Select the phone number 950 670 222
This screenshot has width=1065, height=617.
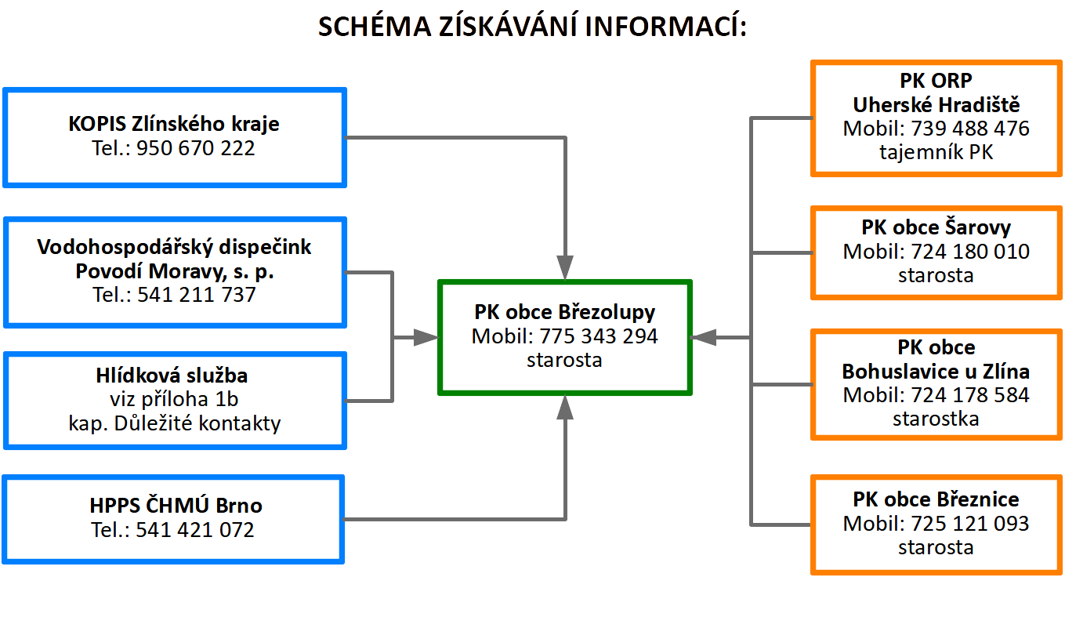click(x=195, y=147)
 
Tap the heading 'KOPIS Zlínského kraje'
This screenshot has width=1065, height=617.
click(x=174, y=124)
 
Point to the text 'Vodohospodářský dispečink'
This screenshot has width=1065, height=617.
click(x=174, y=247)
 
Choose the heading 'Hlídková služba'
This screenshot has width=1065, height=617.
click(x=174, y=376)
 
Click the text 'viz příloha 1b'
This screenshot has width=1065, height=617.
click(x=174, y=400)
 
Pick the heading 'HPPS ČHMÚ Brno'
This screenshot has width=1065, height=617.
click(x=174, y=505)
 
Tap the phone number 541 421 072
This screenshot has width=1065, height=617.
click(x=195, y=529)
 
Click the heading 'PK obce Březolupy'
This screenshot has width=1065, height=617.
click(x=564, y=312)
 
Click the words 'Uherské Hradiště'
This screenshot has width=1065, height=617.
click(x=936, y=104)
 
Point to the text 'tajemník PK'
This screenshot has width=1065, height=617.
click(x=936, y=152)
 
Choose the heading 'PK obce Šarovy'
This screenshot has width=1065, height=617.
click(x=936, y=227)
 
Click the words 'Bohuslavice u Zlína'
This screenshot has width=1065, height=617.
click(x=936, y=371)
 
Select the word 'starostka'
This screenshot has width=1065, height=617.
click(x=936, y=419)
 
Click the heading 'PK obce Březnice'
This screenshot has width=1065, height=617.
click(x=936, y=499)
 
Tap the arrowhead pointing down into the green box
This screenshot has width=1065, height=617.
click(x=565, y=268)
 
